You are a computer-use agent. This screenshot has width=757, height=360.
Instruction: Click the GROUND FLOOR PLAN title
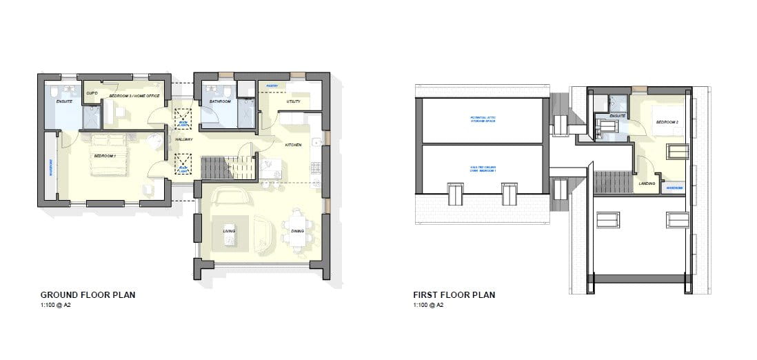click(88, 295)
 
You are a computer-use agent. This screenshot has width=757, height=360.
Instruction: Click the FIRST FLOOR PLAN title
click(454, 295)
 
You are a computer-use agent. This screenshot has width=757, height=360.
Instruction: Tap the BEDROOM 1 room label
click(105, 157)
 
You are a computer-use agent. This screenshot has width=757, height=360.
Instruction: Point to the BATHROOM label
click(221, 101)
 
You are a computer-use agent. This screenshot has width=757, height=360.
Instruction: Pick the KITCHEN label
click(295, 145)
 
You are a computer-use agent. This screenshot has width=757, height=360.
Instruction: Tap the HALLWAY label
click(183, 139)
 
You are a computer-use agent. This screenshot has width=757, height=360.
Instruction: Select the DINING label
click(297, 232)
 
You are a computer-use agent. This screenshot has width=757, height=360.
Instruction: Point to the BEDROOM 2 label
click(665, 122)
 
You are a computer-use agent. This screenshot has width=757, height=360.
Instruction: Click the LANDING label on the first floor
click(647, 183)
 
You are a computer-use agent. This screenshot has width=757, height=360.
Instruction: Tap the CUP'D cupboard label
click(91, 92)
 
